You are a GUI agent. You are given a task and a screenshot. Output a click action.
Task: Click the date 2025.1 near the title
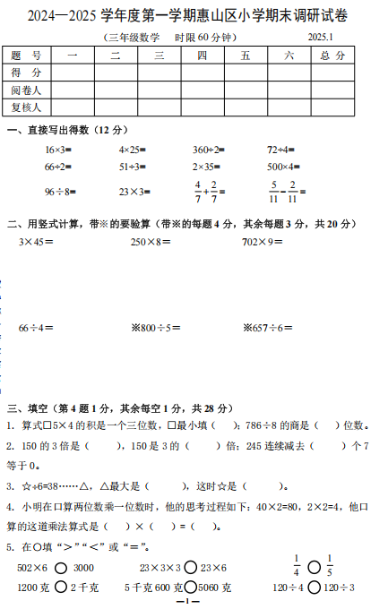pyautogui.click(x=319, y=37)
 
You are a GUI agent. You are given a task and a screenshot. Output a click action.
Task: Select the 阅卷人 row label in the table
pyautogui.click(x=27, y=90)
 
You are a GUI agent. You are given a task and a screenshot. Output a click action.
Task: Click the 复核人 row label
pyautogui.click(x=27, y=107)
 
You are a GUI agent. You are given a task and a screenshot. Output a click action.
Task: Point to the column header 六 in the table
pyautogui.click(x=288, y=56)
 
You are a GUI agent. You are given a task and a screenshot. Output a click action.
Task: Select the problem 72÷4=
pyautogui.click(x=282, y=150)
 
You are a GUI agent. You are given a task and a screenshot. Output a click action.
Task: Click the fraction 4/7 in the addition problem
pyautogui.click(x=198, y=191)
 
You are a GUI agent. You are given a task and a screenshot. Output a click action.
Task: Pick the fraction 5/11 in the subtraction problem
pyautogui.click(x=273, y=191)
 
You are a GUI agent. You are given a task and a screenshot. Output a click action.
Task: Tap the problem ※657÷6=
pyautogui.click(x=268, y=328)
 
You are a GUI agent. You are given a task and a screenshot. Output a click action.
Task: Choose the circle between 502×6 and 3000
pyautogui.click(x=61, y=568)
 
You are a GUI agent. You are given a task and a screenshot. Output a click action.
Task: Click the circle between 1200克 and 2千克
pyautogui.click(x=61, y=588)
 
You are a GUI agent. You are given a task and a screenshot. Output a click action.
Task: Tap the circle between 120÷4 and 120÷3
pyautogui.click(x=313, y=588)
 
